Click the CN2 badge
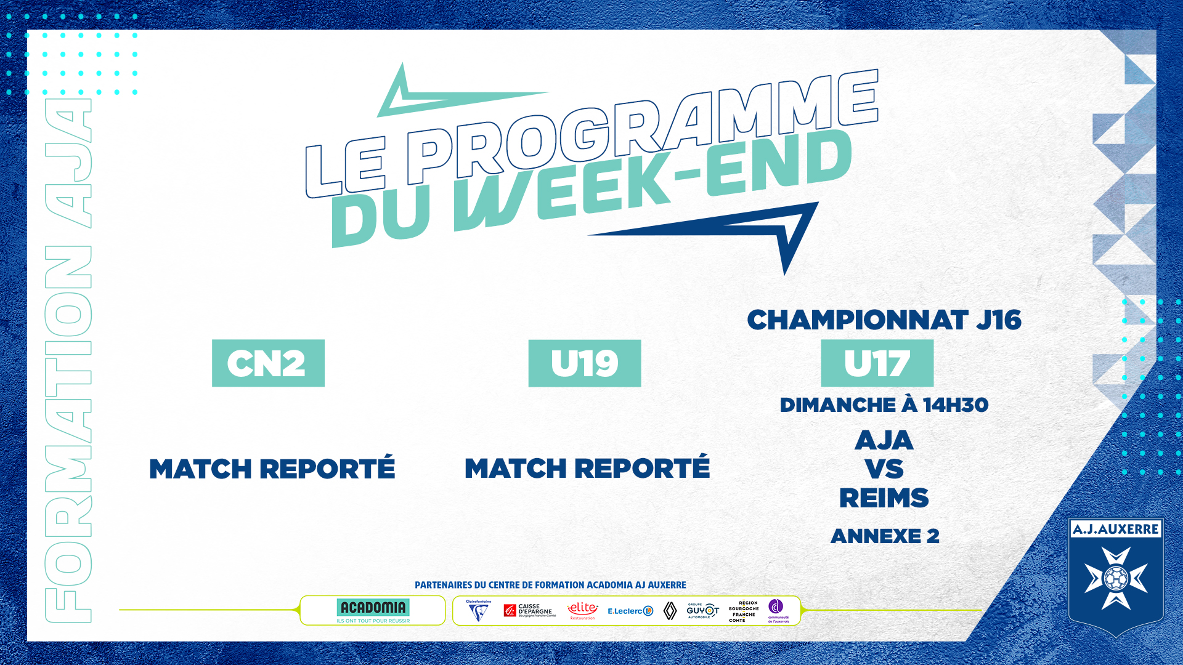[268, 363]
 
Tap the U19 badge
[584, 363]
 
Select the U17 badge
[877, 363]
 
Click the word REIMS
[884, 498]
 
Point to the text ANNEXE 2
[885, 536]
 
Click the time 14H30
[955, 405]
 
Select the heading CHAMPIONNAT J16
[884, 320]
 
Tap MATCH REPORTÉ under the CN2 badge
[272, 469]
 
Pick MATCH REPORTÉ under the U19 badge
[587, 469]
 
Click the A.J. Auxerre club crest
[1116, 576]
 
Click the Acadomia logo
[373, 610]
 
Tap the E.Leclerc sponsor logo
[630, 611]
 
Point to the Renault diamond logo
[670, 610]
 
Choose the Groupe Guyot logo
[702, 610]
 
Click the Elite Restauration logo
[582, 610]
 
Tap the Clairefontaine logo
[478, 611]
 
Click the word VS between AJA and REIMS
[884, 469]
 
